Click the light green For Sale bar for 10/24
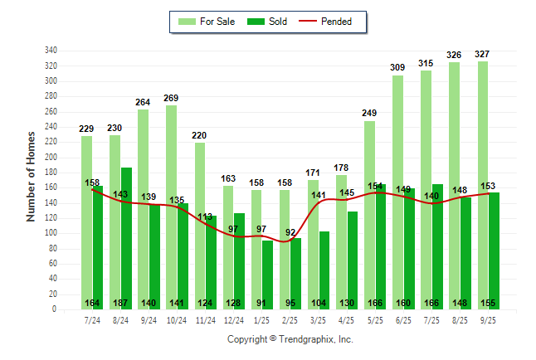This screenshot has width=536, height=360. (x=171, y=207)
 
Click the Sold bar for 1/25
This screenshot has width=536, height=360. (x=268, y=274)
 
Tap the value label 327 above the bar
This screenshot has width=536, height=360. (x=482, y=54)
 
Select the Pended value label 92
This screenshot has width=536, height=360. (x=290, y=233)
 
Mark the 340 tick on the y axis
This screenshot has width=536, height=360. (x=51, y=51)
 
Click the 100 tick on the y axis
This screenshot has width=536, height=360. (x=51, y=233)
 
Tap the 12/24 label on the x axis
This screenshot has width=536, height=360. (x=234, y=320)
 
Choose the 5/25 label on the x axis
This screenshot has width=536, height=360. (x=375, y=320)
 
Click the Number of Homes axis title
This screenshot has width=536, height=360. (x=31, y=176)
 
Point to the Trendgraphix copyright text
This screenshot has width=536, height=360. (x=290, y=339)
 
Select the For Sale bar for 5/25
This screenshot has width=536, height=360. (x=369, y=215)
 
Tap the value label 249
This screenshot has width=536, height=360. (x=369, y=113)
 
